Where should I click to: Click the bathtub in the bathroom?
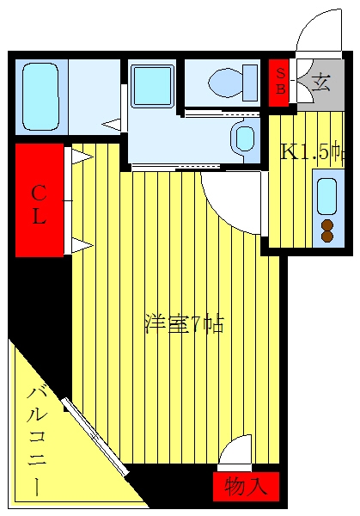(x=40, y=96)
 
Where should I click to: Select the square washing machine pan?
(x=153, y=86)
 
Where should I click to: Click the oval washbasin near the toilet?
(x=243, y=138)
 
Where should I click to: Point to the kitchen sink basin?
(x=327, y=196)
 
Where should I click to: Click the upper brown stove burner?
(x=327, y=225)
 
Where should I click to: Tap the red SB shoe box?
(x=279, y=83)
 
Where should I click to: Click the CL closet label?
(x=39, y=205)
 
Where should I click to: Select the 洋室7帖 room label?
(x=185, y=324)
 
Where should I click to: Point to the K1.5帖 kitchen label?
(x=312, y=153)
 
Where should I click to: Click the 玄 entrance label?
(x=320, y=83)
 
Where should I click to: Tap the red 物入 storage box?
(x=246, y=487)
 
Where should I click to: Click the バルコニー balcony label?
(x=37, y=442)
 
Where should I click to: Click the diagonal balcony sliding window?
(x=95, y=437)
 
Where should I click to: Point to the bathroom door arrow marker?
(x=111, y=125)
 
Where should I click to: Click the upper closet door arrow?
(x=82, y=157)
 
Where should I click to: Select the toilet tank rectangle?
(x=250, y=83)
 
